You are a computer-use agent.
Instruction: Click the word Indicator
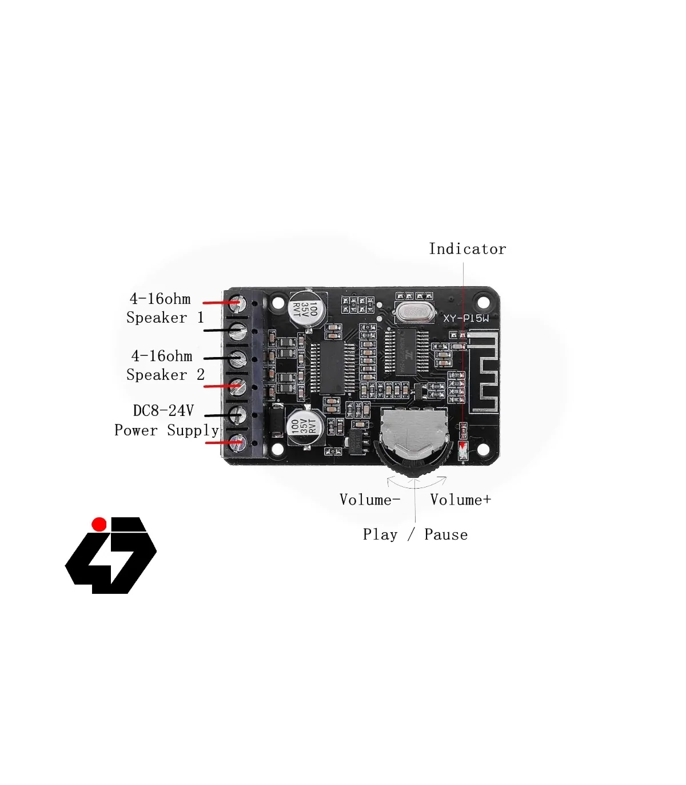coord(467,249)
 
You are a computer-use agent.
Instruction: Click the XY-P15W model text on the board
coord(466,319)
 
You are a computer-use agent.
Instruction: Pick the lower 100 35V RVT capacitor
coord(304,426)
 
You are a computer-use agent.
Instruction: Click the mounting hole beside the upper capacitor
coord(278,303)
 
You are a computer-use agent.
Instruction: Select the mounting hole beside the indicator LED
coord(484,449)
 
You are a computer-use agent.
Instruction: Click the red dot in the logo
coord(99,524)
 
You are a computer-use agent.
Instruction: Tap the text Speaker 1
coord(165,318)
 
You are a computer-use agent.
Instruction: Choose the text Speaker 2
coord(165,375)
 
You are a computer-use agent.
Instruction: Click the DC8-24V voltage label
coord(163,410)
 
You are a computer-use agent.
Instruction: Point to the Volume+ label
coord(460,499)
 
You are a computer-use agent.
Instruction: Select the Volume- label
coord(369,499)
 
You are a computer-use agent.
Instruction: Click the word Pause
coord(446,534)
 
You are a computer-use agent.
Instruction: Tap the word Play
coord(380,534)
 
